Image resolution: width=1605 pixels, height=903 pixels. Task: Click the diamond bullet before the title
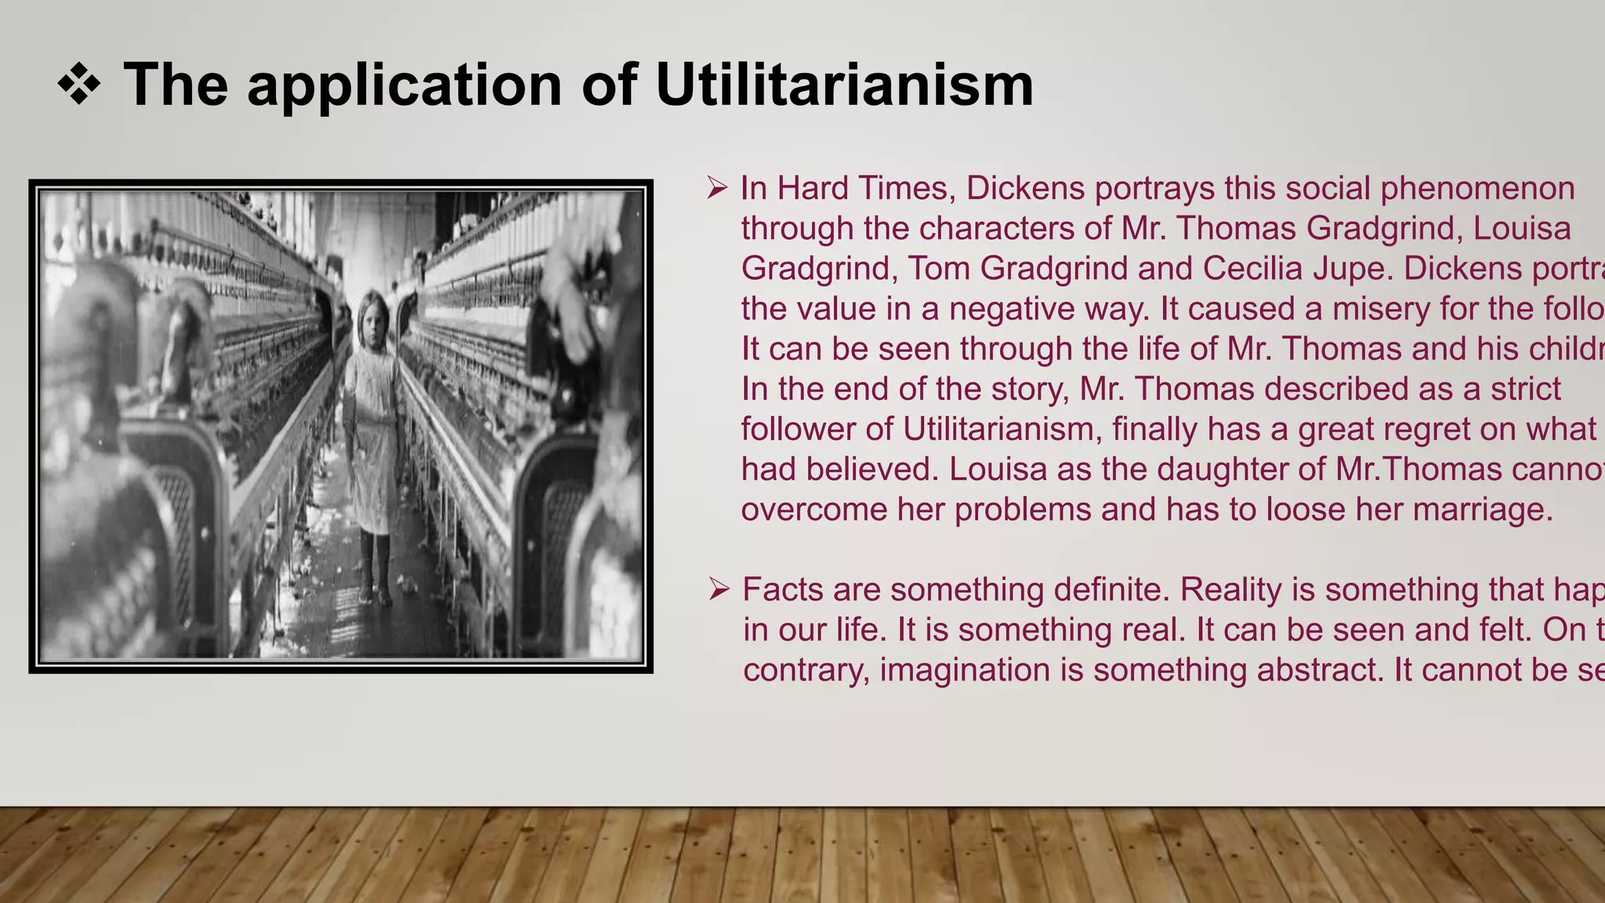click(x=79, y=84)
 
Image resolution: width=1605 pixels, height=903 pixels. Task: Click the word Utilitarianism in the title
click(x=844, y=84)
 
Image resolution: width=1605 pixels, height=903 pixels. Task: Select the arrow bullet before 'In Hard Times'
click(x=717, y=188)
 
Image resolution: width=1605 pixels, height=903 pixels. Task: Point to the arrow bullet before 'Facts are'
click(x=719, y=589)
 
